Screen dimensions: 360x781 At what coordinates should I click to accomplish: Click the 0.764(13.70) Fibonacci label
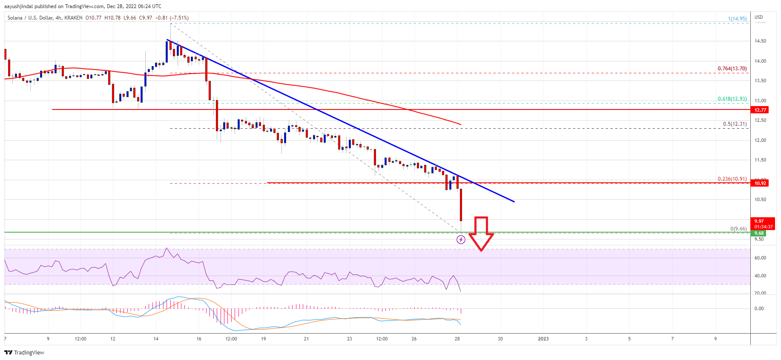(732, 69)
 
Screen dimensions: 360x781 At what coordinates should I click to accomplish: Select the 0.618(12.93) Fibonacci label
(732, 99)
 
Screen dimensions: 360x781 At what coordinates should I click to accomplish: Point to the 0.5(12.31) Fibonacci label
(735, 124)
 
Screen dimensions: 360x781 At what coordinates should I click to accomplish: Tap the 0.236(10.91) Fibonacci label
(732, 179)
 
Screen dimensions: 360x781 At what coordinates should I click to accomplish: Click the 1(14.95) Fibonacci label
(737, 19)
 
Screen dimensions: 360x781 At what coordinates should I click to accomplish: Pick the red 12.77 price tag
(760, 110)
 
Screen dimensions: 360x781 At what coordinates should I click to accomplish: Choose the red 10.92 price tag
(760, 183)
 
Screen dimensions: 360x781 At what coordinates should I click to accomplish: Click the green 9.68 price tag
(759, 233)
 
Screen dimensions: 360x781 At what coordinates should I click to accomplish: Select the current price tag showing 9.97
(759, 221)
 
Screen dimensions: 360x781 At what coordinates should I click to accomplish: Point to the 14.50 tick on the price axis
(760, 41)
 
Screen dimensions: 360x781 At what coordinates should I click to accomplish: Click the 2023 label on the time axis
(543, 339)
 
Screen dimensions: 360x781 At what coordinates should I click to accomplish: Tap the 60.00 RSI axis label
(760, 258)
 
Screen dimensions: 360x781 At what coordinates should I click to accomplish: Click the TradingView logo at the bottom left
(24, 352)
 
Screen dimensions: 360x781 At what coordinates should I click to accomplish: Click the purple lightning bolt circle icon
(461, 240)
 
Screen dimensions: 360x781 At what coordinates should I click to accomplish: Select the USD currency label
(759, 17)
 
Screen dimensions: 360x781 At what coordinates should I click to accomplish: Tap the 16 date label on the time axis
(199, 339)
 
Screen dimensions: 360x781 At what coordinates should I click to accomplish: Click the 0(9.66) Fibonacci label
(738, 229)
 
